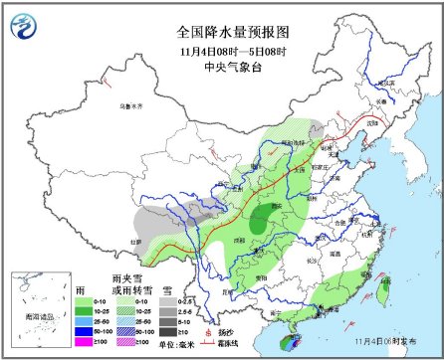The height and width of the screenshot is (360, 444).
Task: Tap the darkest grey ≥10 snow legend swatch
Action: tap(186, 330)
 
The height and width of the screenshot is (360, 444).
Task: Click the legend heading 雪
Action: tap(185, 285)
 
